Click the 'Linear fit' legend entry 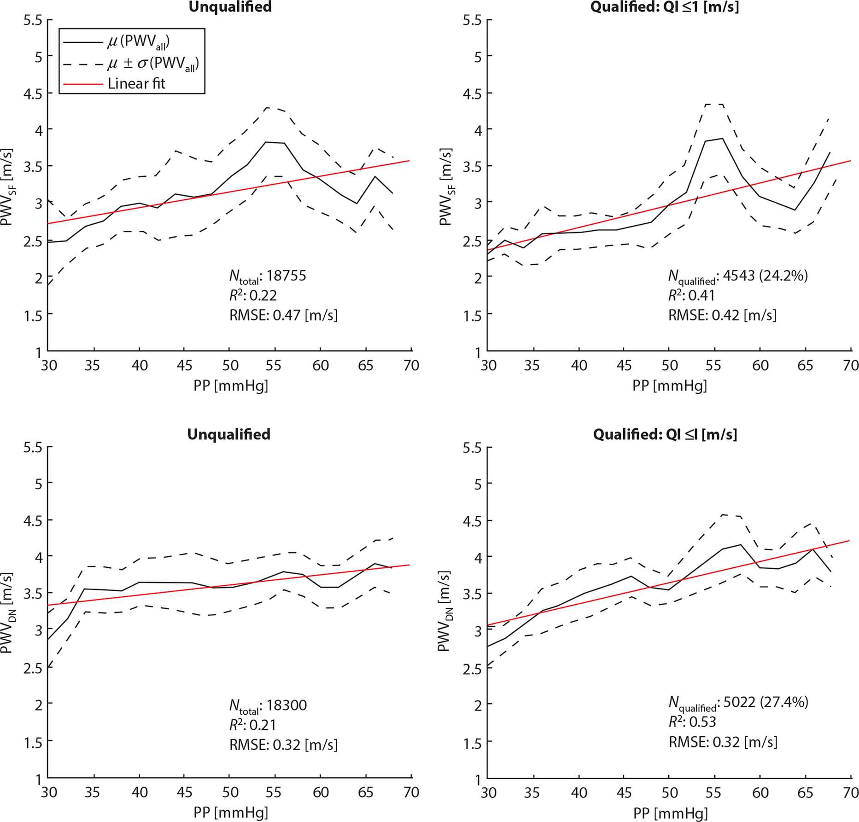(x=136, y=84)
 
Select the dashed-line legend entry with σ (x=152, y=64)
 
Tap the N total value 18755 (x=286, y=276)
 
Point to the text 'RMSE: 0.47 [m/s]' (x=283, y=315)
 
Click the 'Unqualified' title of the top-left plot (x=230, y=7)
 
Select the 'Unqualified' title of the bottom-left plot (x=228, y=434)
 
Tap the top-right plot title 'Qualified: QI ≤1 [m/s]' (x=664, y=7)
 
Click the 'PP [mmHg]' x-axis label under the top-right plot (x=669, y=385)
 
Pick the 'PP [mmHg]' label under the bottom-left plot (x=230, y=812)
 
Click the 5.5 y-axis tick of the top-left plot (x=33, y=21)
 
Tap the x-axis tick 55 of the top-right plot (x=713, y=366)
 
